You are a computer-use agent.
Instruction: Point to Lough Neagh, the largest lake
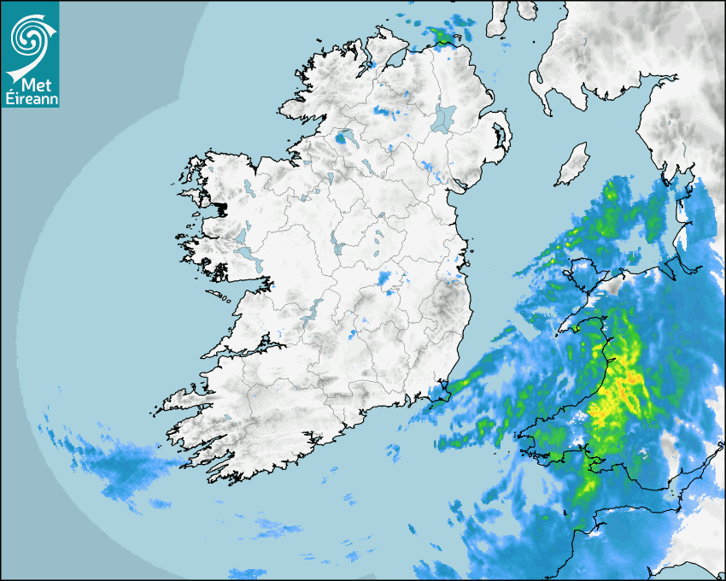[x=443, y=118]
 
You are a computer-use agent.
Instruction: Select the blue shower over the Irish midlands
[x=389, y=280]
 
